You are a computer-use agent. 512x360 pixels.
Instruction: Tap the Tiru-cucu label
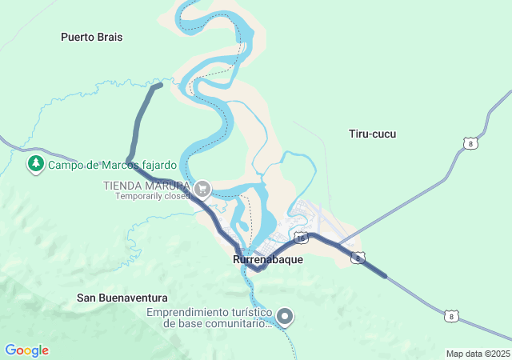(x=372, y=134)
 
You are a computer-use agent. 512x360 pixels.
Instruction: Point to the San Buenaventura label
(x=122, y=298)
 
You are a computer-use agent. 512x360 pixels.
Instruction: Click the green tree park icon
(x=35, y=165)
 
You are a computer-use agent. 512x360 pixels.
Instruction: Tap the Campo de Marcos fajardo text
(x=112, y=166)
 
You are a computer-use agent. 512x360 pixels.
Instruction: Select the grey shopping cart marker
(x=202, y=189)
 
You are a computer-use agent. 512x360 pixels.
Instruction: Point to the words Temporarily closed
(x=152, y=195)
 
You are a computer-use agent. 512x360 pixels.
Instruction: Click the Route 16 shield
(x=300, y=238)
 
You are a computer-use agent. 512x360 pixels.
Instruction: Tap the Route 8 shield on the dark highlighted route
(x=358, y=258)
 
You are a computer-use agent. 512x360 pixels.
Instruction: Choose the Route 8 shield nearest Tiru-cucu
(x=470, y=143)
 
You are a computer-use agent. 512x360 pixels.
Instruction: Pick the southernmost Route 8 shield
(x=453, y=317)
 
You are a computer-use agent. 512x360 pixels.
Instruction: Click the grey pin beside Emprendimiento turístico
(x=285, y=317)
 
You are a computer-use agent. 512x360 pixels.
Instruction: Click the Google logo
(x=26, y=350)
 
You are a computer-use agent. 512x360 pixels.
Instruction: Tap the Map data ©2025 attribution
(x=478, y=354)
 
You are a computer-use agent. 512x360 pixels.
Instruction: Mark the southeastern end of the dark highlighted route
(x=385, y=276)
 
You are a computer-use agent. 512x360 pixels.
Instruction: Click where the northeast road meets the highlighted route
(x=339, y=245)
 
